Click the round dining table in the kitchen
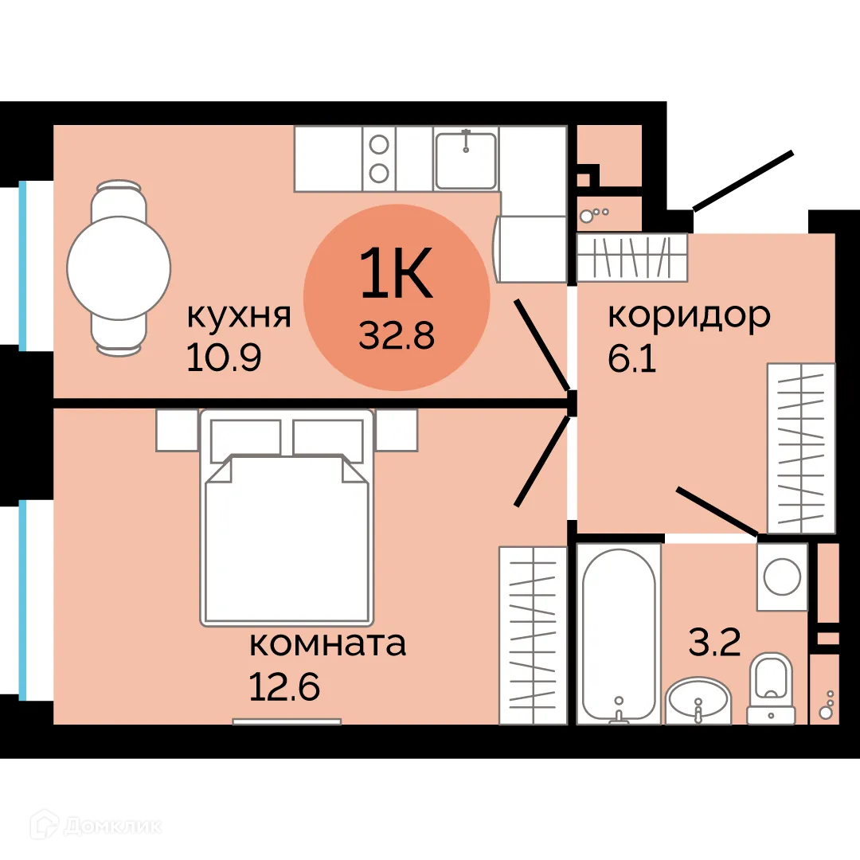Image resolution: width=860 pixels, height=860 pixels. coord(119,268)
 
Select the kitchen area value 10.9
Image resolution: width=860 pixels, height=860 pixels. coord(224,358)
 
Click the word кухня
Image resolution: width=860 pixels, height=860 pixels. coord(238,316)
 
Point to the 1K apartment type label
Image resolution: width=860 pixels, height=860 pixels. coord(396,272)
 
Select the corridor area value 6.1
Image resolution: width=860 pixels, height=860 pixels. coord(632,358)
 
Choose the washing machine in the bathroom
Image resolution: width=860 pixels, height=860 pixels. coord(782,577)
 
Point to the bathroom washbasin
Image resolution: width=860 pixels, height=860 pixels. coord(698,700)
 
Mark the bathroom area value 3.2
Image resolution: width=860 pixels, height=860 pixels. coord(714,642)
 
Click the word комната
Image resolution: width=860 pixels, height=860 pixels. coord(327,643)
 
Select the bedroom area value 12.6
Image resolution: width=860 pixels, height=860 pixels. coord(284,686)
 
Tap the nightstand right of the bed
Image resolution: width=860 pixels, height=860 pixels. coord(397,431)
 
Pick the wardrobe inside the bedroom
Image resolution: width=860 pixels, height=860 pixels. coord(532,635)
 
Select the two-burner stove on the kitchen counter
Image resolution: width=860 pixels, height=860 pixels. coord(379,158)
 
